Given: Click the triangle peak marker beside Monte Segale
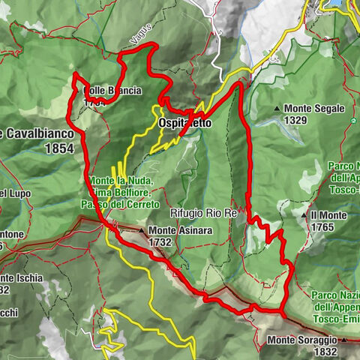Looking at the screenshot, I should pyautogui.click(x=277, y=109).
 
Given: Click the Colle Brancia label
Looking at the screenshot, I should pyautogui.click(x=112, y=91).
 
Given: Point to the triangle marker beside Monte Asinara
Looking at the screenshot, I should pyautogui.click(x=141, y=231).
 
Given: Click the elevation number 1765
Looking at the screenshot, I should pyautogui.click(x=322, y=227).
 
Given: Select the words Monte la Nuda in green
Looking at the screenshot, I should pyautogui.click(x=121, y=181).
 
